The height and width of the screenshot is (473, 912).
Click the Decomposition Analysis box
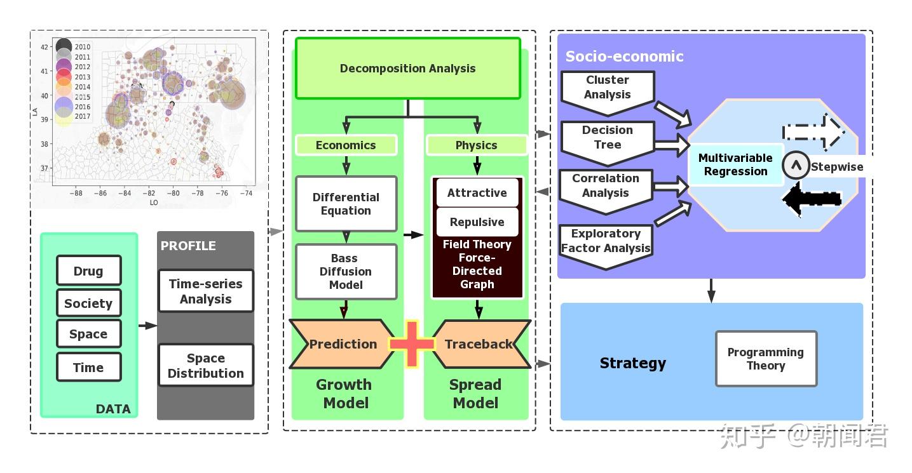pyautogui.click(x=407, y=69)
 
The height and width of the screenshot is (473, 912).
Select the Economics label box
pyautogui.click(x=346, y=145)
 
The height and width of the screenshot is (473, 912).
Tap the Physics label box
pyautogui.click(x=476, y=145)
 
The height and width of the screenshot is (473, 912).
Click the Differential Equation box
pyautogui.click(x=346, y=204)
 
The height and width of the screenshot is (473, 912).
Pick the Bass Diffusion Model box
pyautogui.click(x=346, y=271)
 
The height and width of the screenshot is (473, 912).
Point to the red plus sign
pyautogui.click(x=412, y=344)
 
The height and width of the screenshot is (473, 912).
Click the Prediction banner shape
pyautogui.click(x=343, y=344)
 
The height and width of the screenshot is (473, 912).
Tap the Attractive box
pyautogui.click(x=477, y=192)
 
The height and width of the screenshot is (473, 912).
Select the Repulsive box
pyautogui.click(x=477, y=222)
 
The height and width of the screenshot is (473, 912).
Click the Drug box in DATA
pyautogui.click(x=88, y=271)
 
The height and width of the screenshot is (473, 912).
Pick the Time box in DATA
pyautogui.click(x=88, y=367)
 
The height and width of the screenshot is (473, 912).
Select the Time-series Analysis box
pyautogui.click(x=205, y=291)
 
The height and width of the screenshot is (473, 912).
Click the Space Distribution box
pyautogui.click(x=205, y=366)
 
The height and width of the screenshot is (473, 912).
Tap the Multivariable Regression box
pyautogui.click(x=735, y=164)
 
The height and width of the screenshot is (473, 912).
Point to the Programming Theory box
pyautogui.click(x=765, y=359)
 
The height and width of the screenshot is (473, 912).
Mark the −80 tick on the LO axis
pyautogui.click(x=173, y=193)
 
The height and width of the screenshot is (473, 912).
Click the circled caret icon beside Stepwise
pyautogui.click(x=794, y=166)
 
